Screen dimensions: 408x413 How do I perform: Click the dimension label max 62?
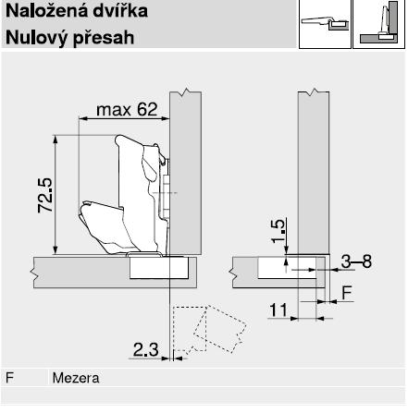(x=127, y=110)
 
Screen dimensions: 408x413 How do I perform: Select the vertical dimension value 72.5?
(x=45, y=195)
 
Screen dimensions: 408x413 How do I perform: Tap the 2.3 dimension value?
(x=145, y=349)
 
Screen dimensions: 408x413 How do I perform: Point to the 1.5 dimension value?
(x=278, y=231)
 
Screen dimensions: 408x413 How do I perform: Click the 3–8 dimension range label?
(x=356, y=261)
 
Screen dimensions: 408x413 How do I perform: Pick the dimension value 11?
(x=278, y=310)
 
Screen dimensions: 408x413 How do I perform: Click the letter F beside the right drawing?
(x=347, y=293)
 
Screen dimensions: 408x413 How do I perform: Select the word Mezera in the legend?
(x=76, y=378)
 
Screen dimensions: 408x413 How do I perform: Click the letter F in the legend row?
(x=10, y=378)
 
